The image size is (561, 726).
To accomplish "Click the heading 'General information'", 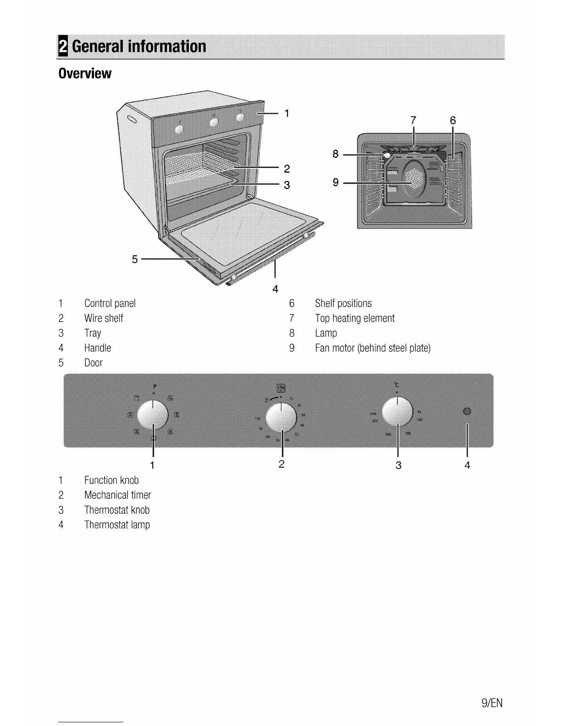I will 139,47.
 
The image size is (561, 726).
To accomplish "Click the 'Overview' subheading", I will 85,73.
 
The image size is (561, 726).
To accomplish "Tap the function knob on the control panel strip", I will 153,414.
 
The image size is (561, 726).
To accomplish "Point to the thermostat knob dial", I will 397,412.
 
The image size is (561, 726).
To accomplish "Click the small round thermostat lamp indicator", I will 467,411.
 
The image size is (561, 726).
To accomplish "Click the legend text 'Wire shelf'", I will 104,319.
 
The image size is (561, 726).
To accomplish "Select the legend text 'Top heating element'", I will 354,319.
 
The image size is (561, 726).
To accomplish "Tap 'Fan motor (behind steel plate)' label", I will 373,348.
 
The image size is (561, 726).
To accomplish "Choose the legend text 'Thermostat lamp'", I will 117,525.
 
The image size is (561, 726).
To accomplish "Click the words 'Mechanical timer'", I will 117,495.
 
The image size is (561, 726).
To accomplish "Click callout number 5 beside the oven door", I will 135,259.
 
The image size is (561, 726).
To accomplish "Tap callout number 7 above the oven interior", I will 413,120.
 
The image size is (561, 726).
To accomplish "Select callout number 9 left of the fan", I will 336,182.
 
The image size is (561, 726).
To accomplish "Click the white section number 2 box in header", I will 63,47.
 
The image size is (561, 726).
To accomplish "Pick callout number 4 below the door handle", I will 275,289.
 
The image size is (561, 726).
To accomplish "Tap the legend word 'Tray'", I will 93,333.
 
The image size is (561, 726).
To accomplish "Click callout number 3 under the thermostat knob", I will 398,465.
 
